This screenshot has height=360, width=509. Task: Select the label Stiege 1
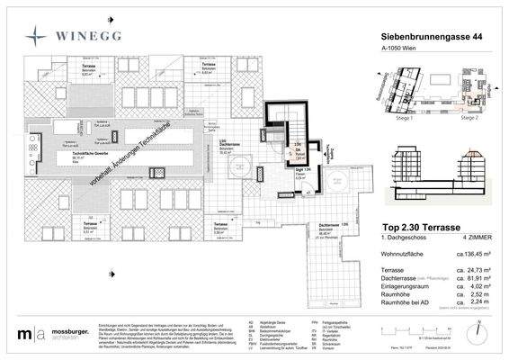tap(392, 118)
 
